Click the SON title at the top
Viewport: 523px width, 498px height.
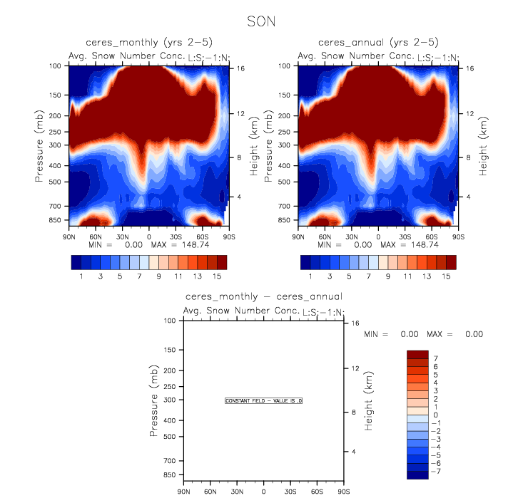(x=260, y=21)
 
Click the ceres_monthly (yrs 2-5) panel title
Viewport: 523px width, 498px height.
(x=148, y=43)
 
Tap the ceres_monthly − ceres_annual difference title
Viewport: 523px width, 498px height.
(x=263, y=296)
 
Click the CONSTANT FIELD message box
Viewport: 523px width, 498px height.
(x=264, y=401)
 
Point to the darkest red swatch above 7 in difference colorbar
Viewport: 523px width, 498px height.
(x=417, y=354)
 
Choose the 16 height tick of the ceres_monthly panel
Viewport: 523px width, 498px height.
(x=241, y=69)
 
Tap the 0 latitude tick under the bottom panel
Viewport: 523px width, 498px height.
(x=263, y=491)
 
